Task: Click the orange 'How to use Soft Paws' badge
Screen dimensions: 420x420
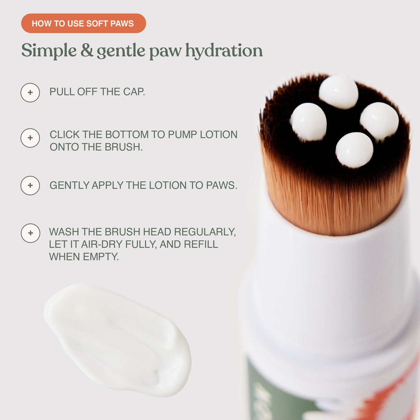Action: tap(83, 24)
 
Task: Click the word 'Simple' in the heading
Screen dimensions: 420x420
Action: tap(49, 51)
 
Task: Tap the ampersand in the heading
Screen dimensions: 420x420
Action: tap(87, 51)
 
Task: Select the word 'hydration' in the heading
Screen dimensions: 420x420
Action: tap(224, 51)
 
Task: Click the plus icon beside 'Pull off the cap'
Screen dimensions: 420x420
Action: tap(30, 92)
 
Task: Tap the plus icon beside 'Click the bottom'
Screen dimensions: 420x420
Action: tap(30, 138)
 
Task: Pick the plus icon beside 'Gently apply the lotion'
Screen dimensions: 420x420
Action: tap(30, 185)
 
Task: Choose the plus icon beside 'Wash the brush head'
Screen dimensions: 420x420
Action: tap(30, 233)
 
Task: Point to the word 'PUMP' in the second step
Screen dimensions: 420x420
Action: tap(183, 134)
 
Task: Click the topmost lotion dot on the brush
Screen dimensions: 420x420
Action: tap(338, 92)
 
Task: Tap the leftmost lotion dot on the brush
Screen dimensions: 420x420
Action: tap(309, 122)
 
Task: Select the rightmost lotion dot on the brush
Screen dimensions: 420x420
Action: tap(379, 120)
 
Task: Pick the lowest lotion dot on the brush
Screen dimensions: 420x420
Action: tap(354, 150)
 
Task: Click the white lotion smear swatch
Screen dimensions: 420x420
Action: tap(118, 339)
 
